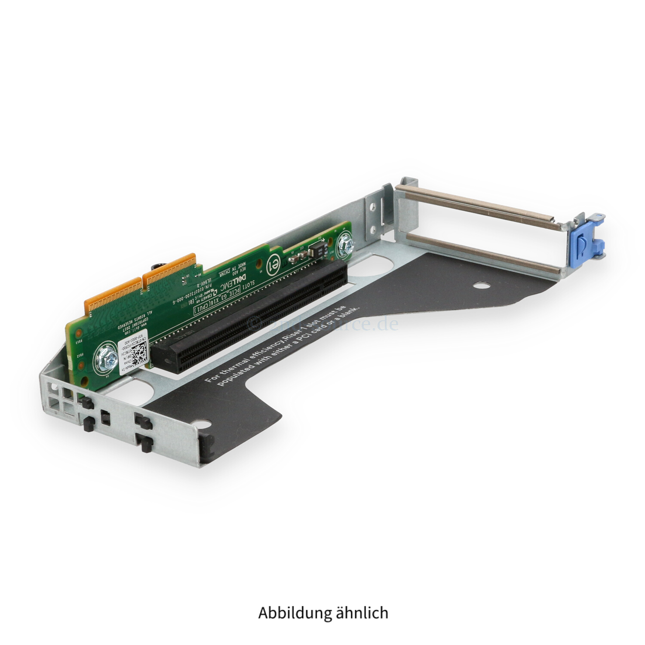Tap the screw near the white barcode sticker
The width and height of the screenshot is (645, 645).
click(105, 355)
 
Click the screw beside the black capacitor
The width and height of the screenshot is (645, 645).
click(347, 243)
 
